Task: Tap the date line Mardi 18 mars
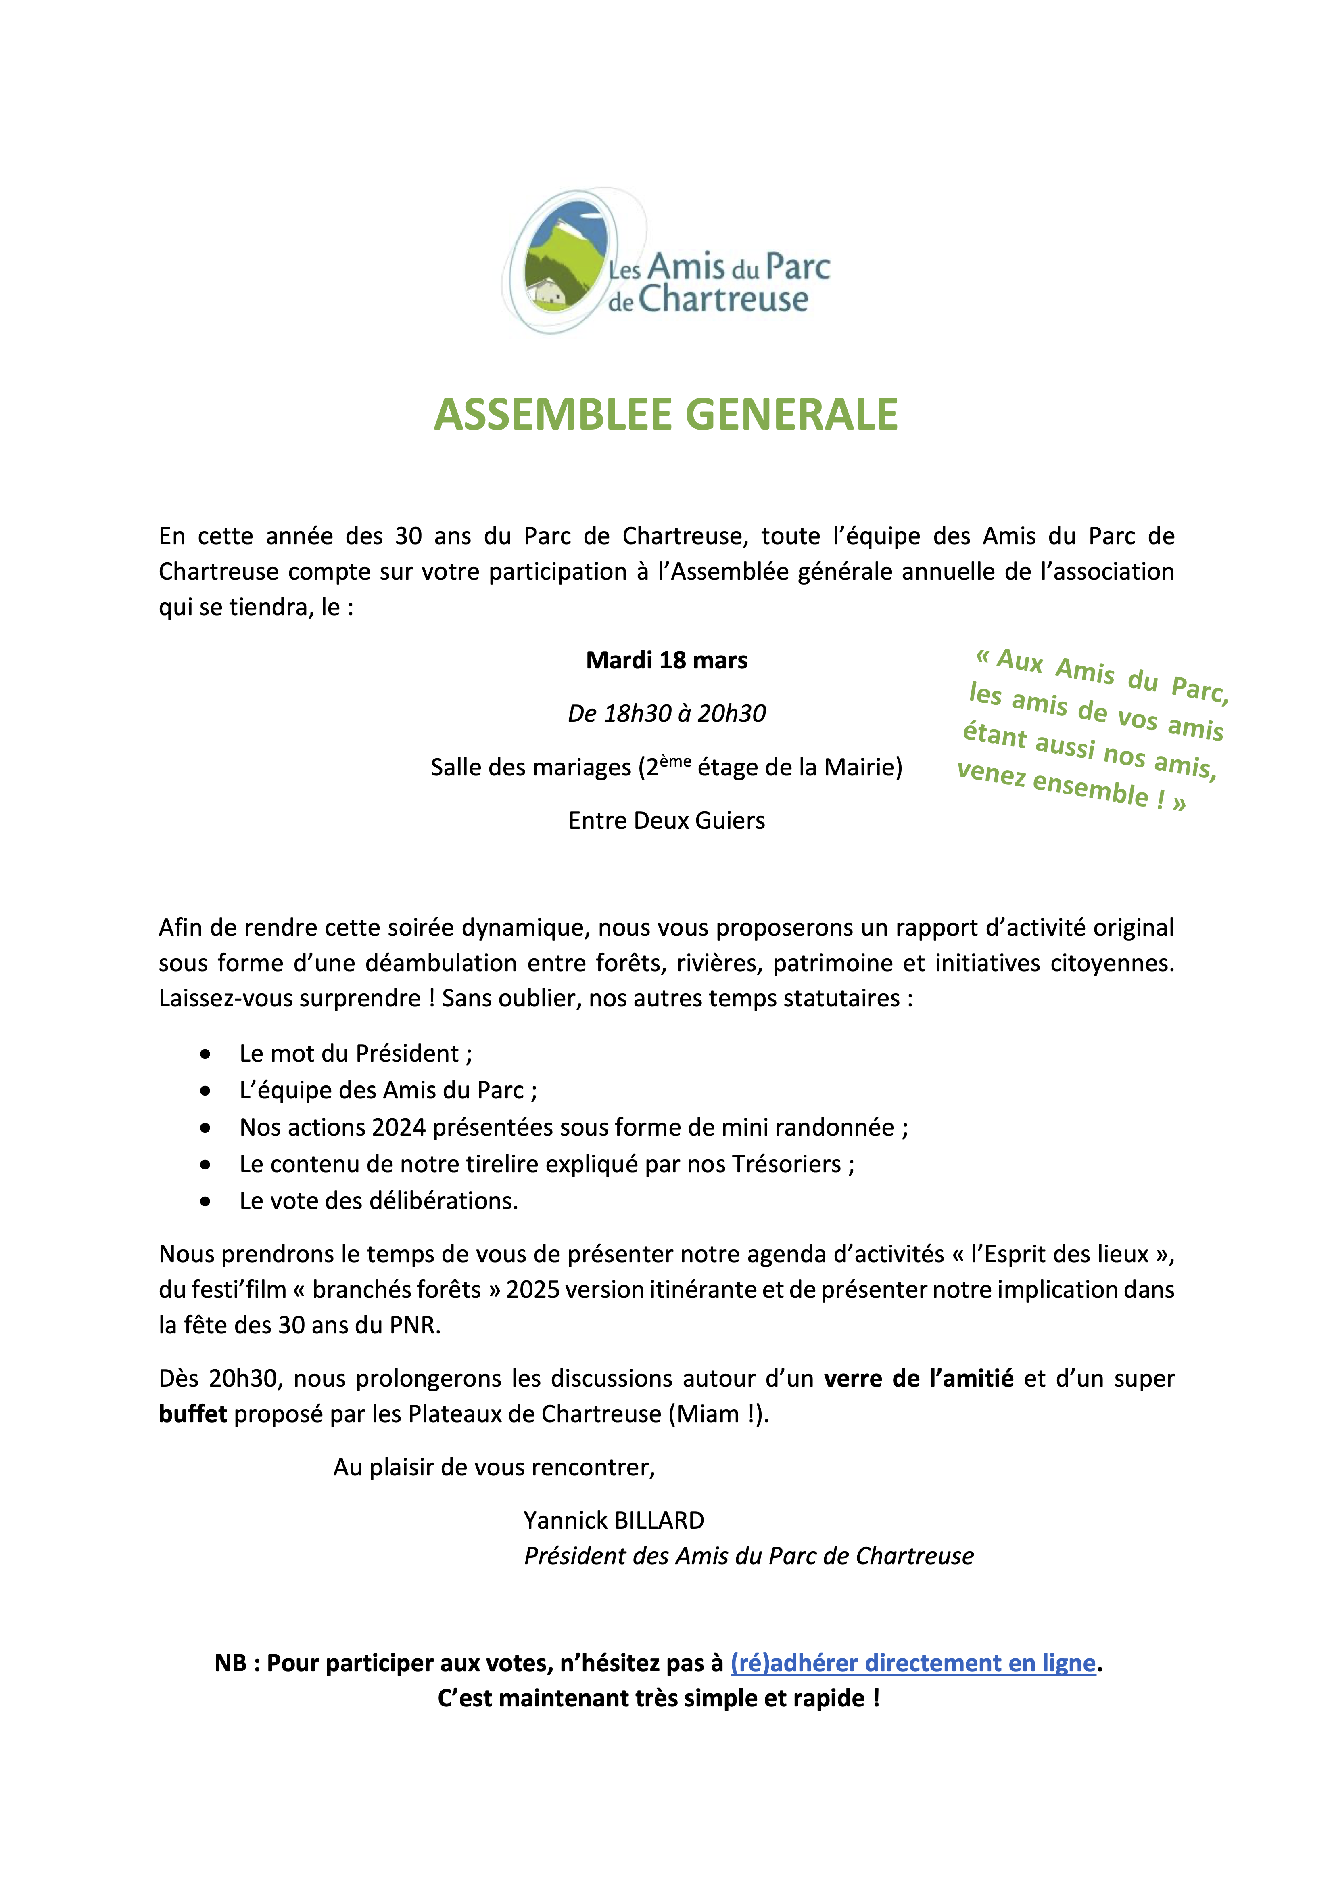point(666,660)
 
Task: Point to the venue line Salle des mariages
point(666,767)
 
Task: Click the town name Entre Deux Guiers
point(666,821)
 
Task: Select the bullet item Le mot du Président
point(355,1053)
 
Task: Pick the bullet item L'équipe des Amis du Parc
point(388,1090)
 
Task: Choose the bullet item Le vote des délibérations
point(378,1201)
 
